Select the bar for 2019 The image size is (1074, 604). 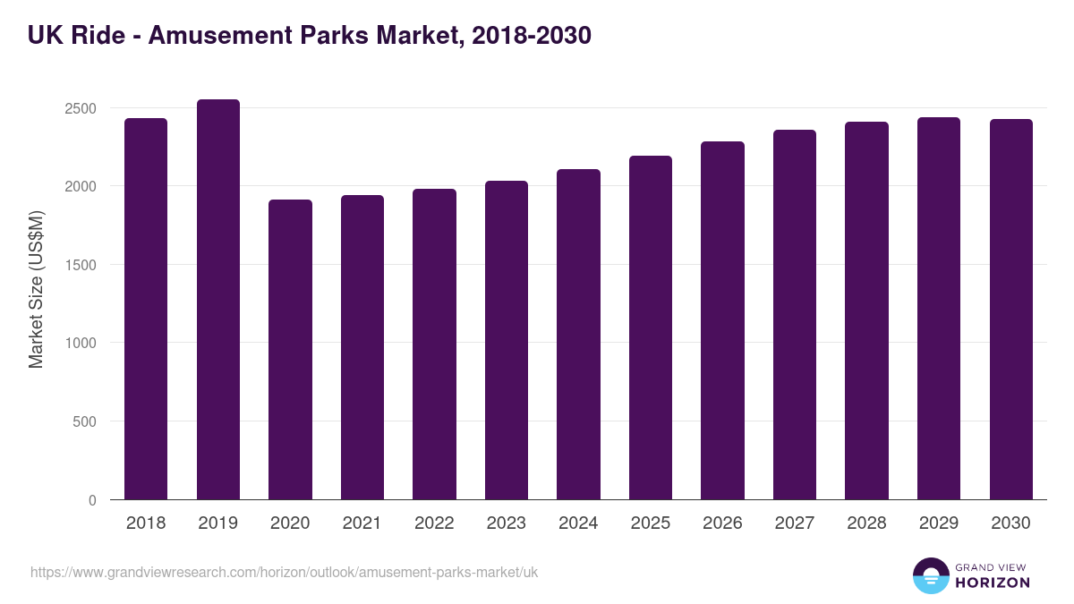(x=218, y=300)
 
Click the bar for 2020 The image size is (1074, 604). (x=290, y=350)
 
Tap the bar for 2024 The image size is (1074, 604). (x=578, y=335)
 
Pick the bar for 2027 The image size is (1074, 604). (x=795, y=315)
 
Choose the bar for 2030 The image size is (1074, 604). (x=1010, y=310)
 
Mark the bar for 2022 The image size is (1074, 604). (x=434, y=345)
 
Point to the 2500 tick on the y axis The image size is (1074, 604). (x=80, y=108)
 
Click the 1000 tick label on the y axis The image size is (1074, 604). (x=80, y=343)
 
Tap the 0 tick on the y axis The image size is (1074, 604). (x=92, y=500)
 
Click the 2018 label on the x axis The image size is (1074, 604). (x=146, y=523)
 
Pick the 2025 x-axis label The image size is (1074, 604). (x=650, y=523)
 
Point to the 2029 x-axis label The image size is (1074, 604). (x=938, y=523)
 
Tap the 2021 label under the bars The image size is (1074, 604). (x=362, y=523)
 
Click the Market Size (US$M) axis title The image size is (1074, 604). (x=36, y=289)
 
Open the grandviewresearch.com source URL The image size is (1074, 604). (x=284, y=572)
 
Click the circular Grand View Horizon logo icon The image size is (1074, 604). (x=930, y=575)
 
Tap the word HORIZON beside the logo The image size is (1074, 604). (x=993, y=583)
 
